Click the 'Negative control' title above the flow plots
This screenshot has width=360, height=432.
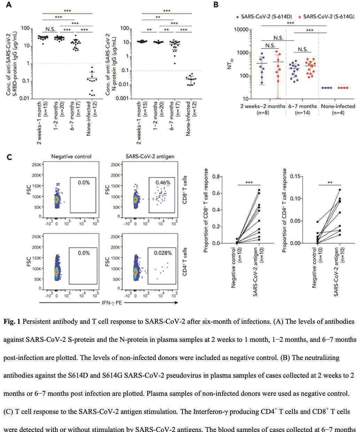click(x=71, y=157)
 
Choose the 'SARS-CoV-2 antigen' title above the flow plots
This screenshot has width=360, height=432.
click(x=150, y=157)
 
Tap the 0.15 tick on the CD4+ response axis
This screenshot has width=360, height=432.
click(x=296, y=176)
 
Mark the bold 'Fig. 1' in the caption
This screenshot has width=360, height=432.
click(x=13, y=322)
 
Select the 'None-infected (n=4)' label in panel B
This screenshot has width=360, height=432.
click(x=338, y=109)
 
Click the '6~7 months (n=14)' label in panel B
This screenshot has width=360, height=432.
click(x=302, y=109)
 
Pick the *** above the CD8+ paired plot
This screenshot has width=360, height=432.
click(x=249, y=182)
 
